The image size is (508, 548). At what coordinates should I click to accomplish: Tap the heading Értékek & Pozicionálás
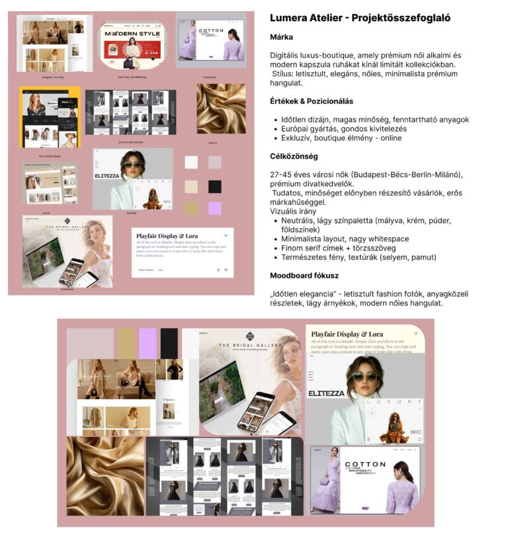311,101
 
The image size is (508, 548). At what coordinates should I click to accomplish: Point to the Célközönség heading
294,156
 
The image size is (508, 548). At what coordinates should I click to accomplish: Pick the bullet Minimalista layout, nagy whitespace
345,239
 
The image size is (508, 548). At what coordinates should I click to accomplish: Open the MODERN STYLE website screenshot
132,44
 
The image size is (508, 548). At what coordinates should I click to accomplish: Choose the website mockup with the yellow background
50,118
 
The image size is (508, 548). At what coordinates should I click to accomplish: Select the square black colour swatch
214,186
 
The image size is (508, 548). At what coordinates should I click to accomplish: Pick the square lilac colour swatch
214,208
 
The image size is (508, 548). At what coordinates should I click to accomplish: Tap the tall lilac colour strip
148,343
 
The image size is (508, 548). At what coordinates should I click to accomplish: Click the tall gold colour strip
126,343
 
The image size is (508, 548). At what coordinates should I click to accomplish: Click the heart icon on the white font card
226,235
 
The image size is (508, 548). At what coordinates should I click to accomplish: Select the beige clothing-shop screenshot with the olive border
50,183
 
